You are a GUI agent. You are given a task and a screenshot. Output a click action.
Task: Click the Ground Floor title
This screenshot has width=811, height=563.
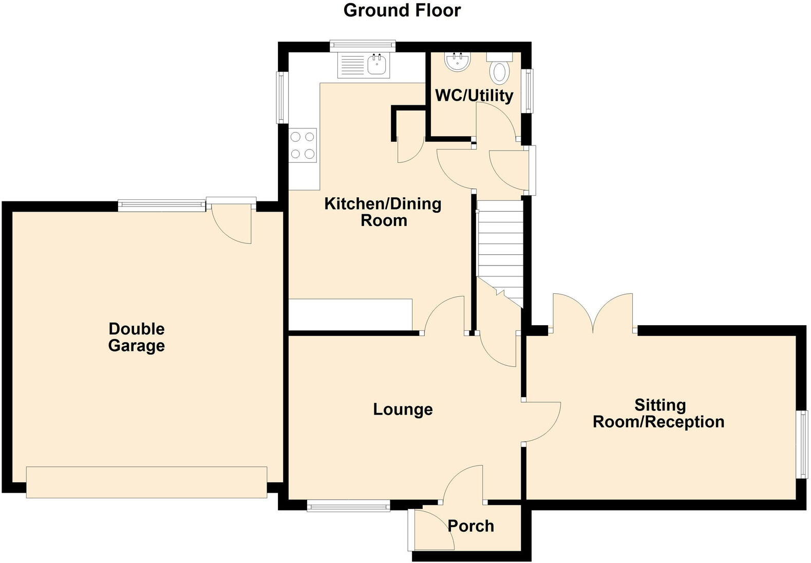pyautogui.click(x=402, y=10)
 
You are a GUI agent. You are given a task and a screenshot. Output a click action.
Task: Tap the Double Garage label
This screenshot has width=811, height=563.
pyautogui.click(x=136, y=337)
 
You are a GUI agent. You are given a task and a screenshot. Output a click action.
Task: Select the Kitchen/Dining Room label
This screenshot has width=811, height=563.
pyautogui.click(x=383, y=212)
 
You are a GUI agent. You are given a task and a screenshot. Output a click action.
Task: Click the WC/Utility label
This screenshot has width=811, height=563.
pyautogui.click(x=474, y=96)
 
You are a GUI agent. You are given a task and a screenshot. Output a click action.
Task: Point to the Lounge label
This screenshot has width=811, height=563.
pyautogui.click(x=403, y=409)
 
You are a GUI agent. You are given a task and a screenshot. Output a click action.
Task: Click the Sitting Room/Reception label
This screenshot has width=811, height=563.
pyautogui.click(x=659, y=414)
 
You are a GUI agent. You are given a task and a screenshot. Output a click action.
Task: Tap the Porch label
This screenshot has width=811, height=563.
pyautogui.click(x=470, y=526)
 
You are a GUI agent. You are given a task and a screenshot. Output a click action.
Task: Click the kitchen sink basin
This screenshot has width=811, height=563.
pyautogui.click(x=378, y=65)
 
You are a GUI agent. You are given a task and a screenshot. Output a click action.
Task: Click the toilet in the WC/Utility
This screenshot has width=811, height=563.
pyautogui.click(x=499, y=71)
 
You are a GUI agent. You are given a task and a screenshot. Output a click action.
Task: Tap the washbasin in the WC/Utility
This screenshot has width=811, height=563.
pyautogui.click(x=458, y=62)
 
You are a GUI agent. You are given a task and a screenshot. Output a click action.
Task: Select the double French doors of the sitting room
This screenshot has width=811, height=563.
pyautogui.click(x=593, y=313)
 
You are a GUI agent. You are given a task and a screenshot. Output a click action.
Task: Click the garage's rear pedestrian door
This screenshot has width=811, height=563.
pyautogui.click(x=232, y=221)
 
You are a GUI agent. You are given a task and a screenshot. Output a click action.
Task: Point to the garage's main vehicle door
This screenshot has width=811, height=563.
pyautogui.click(x=146, y=482)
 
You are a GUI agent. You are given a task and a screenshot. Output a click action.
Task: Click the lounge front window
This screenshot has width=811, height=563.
pyautogui.click(x=349, y=506)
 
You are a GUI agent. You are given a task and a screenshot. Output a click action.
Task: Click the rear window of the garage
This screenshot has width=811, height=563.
pyautogui.click(x=161, y=205)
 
